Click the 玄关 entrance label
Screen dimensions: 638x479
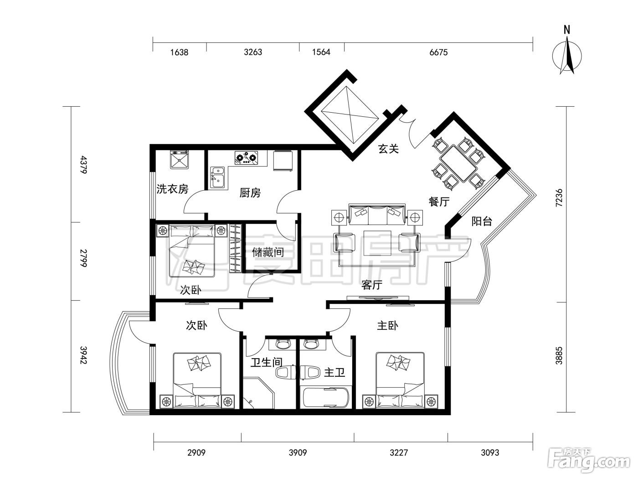[x=388, y=149]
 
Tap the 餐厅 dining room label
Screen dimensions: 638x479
[x=439, y=201]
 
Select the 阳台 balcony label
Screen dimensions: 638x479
[x=481, y=221]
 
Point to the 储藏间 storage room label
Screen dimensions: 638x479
[x=268, y=252]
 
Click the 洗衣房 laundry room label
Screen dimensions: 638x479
[x=172, y=189]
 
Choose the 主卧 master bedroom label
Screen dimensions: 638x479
[x=387, y=326]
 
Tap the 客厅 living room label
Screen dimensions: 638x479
[x=371, y=285]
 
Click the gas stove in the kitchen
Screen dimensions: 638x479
[x=247, y=158]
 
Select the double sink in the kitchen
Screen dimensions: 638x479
[x=217, y=177]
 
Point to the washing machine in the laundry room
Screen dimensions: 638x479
[x=180, y=159]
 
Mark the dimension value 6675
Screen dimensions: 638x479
[x=438, y=52]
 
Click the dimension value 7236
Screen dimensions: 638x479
[x=559, y=198]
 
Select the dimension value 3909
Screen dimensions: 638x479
[x=298, y=453]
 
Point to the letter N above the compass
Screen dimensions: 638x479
[x=566, y=30]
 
